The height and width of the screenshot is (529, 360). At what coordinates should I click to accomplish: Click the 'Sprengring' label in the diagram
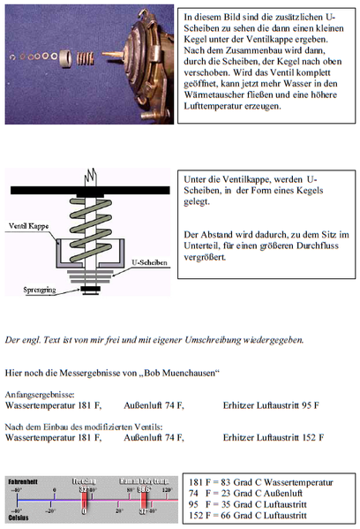(40, 288)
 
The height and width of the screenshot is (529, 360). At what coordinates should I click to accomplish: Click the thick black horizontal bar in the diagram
(89, 189)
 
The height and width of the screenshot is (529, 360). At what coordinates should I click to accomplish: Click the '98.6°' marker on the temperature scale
(145, 487)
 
